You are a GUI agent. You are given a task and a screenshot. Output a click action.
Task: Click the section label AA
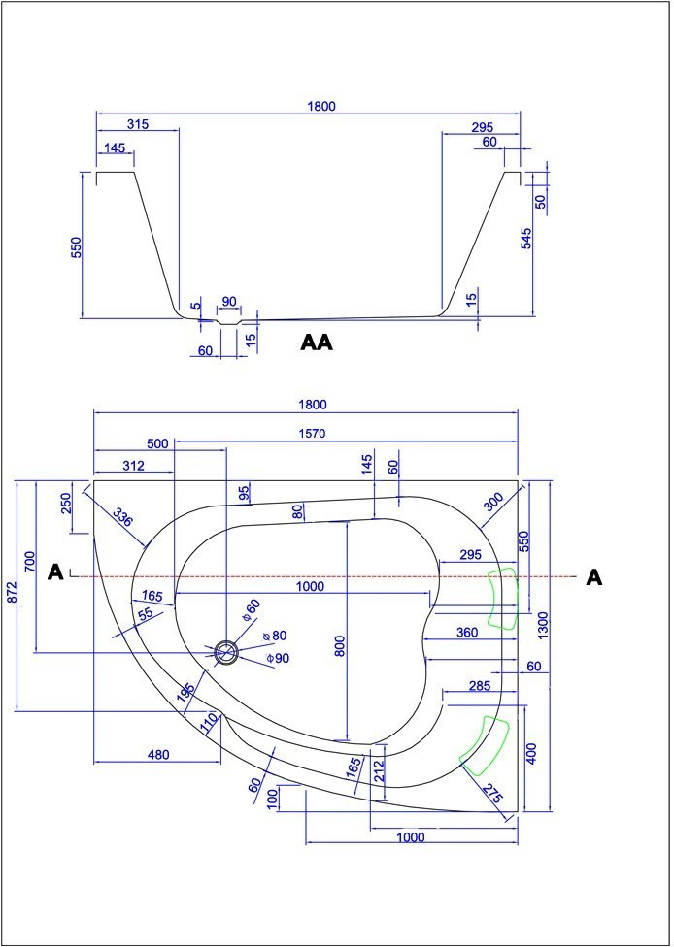(x=317, y=343)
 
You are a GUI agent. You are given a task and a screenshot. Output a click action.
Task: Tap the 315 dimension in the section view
(x=138, y=124)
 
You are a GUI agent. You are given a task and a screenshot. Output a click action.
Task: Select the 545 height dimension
(x=526, y=238)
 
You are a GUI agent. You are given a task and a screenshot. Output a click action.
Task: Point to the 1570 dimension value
(x=312, y=433)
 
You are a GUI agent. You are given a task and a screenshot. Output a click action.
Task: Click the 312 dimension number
(x=134, y=466)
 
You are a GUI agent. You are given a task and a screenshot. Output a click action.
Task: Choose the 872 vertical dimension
(x=12, y=594)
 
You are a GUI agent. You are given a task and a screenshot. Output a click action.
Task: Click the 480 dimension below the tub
(x=158, y=754)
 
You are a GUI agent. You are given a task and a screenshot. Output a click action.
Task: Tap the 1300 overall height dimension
(x=543, y=626)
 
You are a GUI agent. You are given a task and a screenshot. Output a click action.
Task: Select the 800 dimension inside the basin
(x=340, y=646)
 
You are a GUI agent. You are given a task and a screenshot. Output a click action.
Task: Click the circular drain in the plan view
(x=226, y=652)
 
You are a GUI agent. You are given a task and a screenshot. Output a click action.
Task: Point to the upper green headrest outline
(x=503, y=598)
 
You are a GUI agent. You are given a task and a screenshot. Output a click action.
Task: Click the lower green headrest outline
(x=485, y=746)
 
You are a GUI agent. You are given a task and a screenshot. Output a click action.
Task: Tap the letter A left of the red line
(x=55, y=571)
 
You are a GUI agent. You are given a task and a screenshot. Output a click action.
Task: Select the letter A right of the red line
(x=594, y=578)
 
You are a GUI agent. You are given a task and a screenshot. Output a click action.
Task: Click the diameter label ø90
(x=278, y=658)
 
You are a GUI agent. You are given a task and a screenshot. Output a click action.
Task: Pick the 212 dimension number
(x=379, y=770)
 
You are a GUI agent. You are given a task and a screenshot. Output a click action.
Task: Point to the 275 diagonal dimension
(x=492, y=794)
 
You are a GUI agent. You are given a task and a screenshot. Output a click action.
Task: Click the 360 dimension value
(x=467, y=633)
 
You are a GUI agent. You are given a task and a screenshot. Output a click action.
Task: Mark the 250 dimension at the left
(x=65, y=503)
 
